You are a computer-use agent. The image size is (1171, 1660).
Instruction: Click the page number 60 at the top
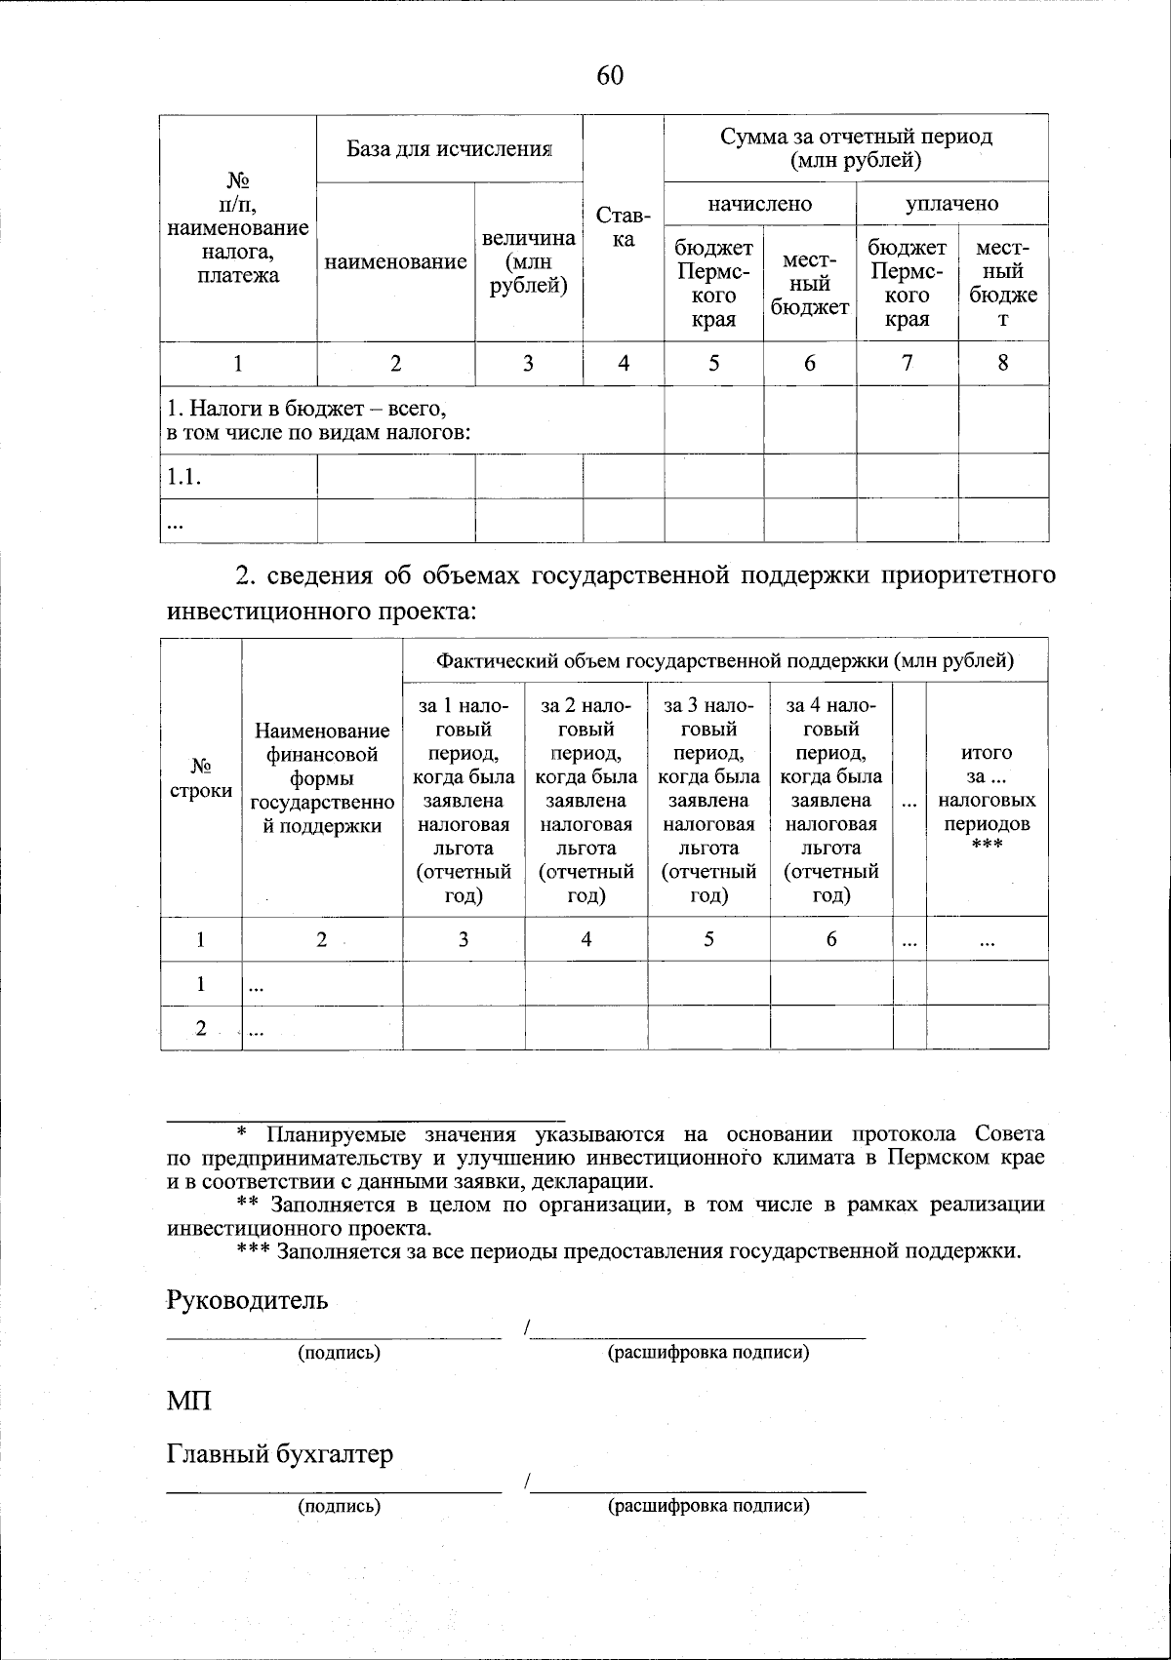coord(610,76)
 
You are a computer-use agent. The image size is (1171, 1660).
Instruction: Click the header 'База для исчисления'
coord(450,148)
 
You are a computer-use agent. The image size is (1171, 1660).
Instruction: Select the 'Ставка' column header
coord(624,227)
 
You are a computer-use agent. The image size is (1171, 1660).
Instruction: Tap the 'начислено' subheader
coord(759,203)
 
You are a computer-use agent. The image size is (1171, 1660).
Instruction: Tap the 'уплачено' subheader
coord(951,203)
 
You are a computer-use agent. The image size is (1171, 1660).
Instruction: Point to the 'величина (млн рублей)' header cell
coord(528,262)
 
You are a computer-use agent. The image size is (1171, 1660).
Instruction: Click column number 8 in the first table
coord(1003,364)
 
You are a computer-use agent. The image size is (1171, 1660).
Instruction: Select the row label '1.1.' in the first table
coord(184,477)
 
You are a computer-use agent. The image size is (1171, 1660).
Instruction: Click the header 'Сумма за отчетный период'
coord(856,147)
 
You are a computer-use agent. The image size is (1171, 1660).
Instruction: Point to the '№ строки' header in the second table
coord(201,777)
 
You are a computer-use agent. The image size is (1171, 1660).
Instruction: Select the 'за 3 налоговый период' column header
coord(708,799)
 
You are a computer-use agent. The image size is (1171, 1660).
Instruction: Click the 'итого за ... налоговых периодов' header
coord(987,800)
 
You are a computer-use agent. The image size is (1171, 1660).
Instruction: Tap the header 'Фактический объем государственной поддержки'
coord(725,660)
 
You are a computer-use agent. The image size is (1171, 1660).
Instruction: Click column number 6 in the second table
coord(831,939)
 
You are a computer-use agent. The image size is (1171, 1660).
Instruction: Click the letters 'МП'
coord(188,1402)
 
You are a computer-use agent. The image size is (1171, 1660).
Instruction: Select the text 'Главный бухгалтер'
coord(280,1454)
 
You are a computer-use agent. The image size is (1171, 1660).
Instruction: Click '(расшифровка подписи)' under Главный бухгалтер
coord(708,1505)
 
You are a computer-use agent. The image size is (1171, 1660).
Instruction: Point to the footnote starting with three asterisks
coord(629,1251)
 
